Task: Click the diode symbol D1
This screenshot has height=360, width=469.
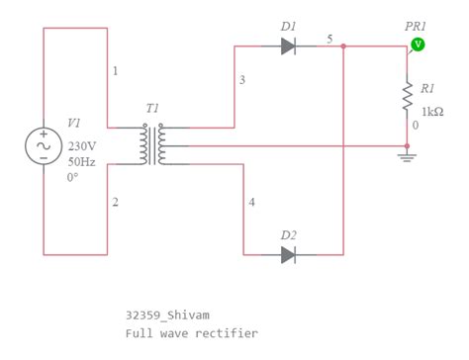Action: click(288, 45)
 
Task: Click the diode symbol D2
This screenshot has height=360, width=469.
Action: click(288, 255)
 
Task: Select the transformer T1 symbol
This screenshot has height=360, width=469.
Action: click(152, 145)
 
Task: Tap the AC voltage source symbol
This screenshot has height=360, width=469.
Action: click(44, 145)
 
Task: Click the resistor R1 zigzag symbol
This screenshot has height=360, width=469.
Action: click(407, 96)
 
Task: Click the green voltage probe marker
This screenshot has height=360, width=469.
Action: click(418, 45)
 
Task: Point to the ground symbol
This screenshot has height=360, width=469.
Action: click(407, 155)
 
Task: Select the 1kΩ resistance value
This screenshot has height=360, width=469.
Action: click(431, 111)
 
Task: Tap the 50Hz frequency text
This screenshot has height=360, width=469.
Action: click(80, 161)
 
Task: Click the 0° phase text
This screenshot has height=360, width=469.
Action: click(73, 178)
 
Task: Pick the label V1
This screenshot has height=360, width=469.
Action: click(75, 123)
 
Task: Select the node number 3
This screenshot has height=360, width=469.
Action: click(241, 79)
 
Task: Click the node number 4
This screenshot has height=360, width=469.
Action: click(251, 202)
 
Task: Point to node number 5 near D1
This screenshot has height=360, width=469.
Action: click(329, 39)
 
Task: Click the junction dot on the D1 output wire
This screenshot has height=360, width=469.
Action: click(342, 45)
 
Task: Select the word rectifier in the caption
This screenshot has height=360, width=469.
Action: click(232, 333)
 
